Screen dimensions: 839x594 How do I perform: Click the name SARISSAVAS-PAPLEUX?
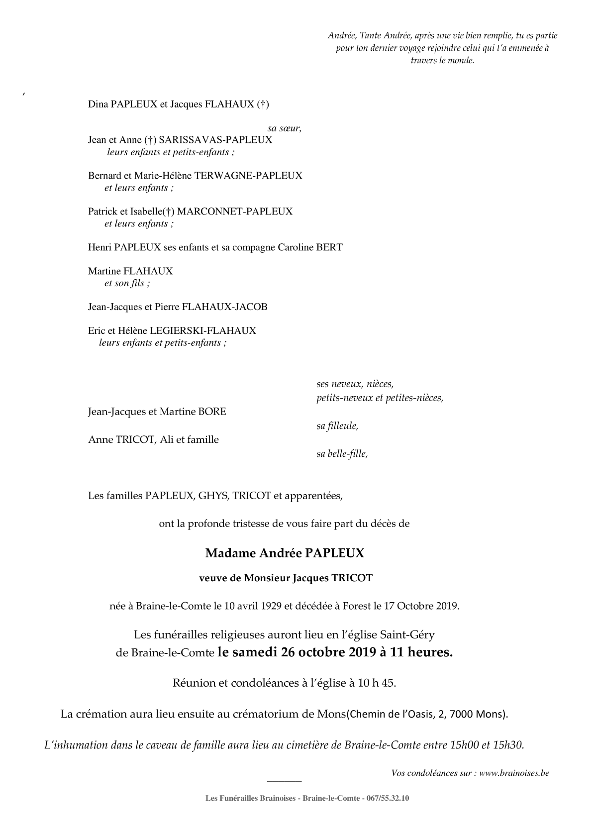(x=215, y=140)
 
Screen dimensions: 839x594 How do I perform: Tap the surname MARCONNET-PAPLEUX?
(x=235, y=211)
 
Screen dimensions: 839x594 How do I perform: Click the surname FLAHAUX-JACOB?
(x=225, y=307)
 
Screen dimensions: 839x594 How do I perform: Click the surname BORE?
(x=212, y=412)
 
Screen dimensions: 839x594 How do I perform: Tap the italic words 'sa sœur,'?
(x=284, y=128)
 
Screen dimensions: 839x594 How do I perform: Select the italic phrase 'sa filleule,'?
(x=337, y=426)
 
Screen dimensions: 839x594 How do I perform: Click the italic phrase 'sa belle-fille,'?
(x=342, y=454)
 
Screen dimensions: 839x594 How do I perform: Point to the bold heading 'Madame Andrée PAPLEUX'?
(x=285, y=553)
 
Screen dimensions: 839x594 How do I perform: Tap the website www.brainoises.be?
(x=514, y=773)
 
